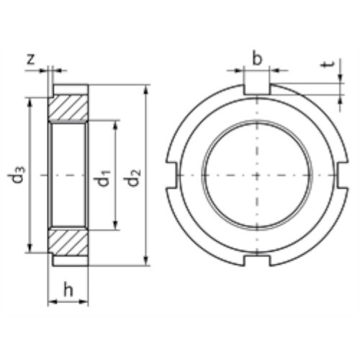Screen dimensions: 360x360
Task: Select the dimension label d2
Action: click(135, 176)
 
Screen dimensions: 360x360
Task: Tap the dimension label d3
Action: click(19, 176)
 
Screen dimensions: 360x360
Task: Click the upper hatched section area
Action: click(68, 107)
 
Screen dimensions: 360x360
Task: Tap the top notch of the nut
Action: click(257, 89)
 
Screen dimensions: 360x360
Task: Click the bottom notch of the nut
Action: click(257, 260)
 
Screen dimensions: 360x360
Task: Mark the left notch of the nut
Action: click(172, 175)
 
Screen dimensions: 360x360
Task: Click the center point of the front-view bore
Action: click(257, 175)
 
